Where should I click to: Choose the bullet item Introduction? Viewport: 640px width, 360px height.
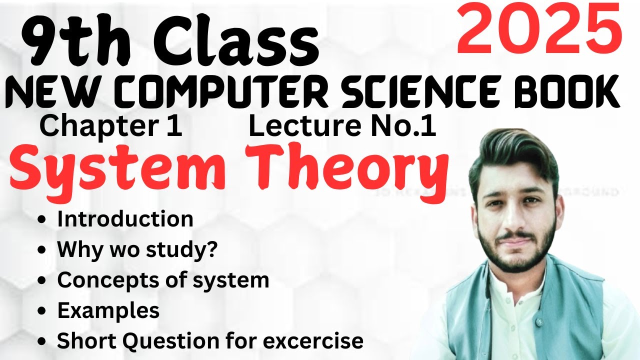click(x=125, y=219)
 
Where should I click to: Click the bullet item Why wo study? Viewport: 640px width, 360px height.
click(x=137, y=249)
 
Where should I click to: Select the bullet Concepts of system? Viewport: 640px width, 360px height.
click(x=163, y=280)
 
